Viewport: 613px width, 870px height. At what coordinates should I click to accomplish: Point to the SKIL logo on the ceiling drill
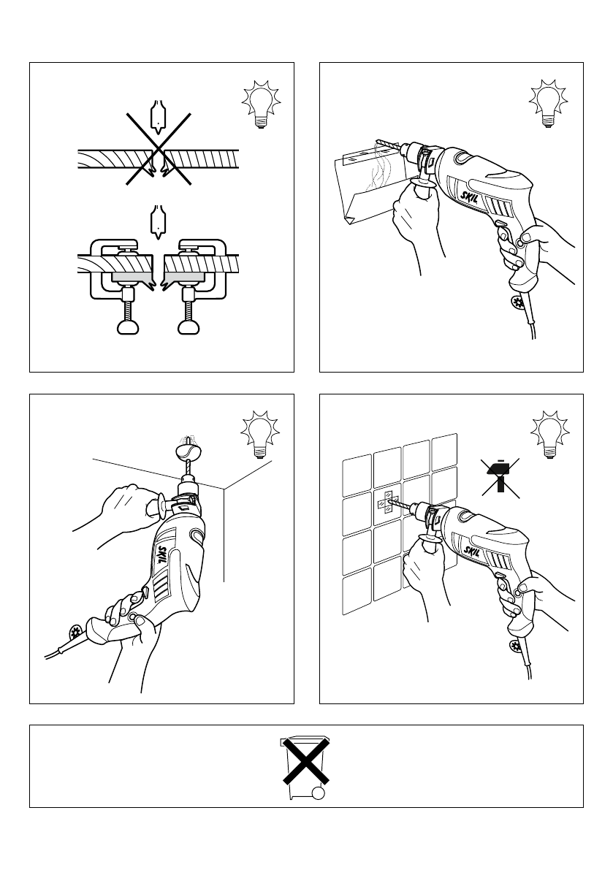pyautogui.click(x=164, y=555)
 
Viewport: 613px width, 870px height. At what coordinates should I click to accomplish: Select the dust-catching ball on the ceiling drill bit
pyautogui.click(x=186, y=451)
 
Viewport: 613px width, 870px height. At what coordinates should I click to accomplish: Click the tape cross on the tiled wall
pyautogui.click(x=386, y=504)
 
